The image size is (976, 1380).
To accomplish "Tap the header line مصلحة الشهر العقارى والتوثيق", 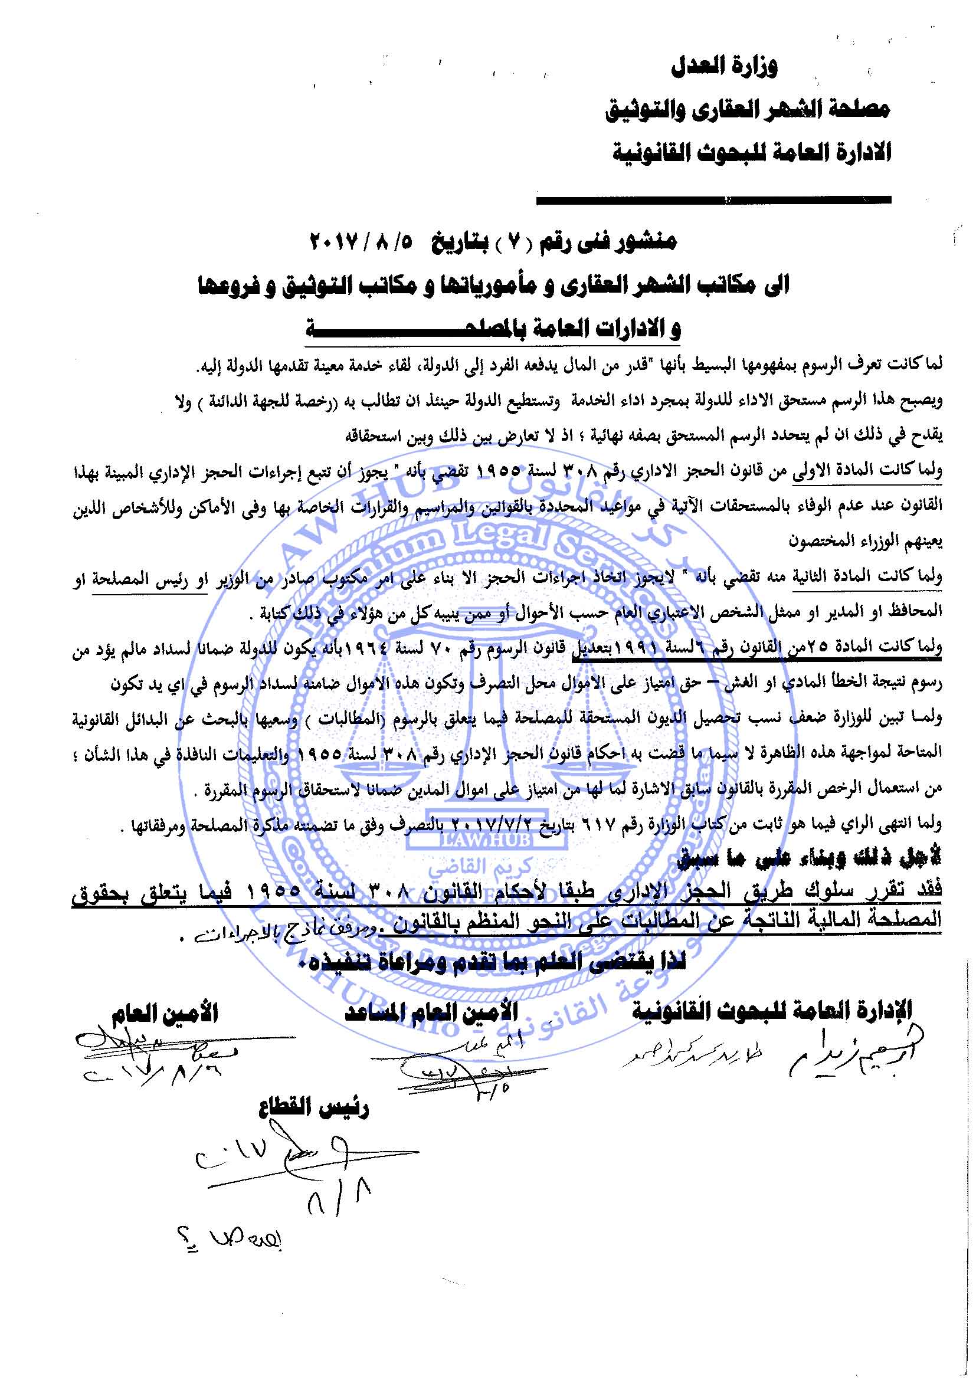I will click(x=748, y=110).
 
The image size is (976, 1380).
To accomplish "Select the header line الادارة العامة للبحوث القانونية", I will click(x=751, y=153).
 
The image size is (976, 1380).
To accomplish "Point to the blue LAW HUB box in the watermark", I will click(x=487, y=840).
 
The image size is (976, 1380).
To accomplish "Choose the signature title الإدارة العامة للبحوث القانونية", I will click(x=772, y=1009).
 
